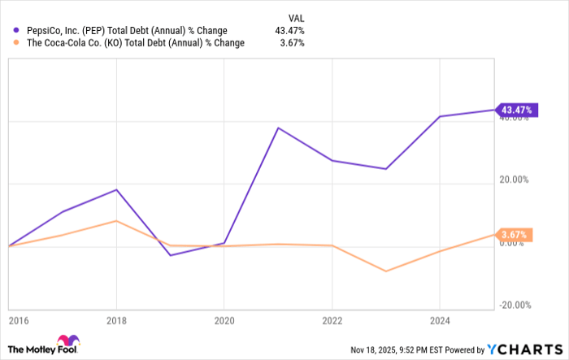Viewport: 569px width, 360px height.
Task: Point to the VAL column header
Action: click(296, 17)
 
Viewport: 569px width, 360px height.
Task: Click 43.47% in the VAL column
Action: click(290, 31)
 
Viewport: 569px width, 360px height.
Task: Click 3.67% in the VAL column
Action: click(293, 43)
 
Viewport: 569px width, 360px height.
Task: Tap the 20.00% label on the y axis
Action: click(515, 180)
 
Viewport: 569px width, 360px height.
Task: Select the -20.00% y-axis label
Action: click(514, 306)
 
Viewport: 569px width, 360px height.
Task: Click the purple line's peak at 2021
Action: click(278, 128)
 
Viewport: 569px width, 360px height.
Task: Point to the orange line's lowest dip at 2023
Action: click(385, 271)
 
